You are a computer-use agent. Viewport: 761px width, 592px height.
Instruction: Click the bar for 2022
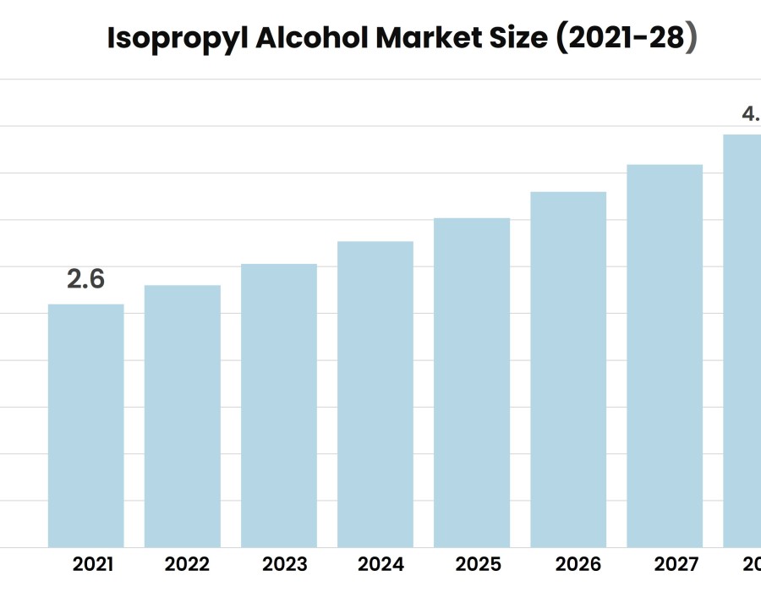[x=183, y=416]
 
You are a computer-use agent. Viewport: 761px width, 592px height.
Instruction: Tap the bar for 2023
[x=279, y=405]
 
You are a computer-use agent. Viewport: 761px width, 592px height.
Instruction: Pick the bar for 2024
[x=375, y=394]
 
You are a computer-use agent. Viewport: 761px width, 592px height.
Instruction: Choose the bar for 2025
[x=472, y=382]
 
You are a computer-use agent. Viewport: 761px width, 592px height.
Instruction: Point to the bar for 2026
[x=568, y=370]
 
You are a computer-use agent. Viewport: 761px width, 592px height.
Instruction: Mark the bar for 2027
[x=665, y=356]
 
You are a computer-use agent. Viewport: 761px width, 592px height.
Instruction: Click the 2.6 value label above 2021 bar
[x=86, y=279]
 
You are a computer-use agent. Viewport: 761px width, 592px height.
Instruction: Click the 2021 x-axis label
[x=92, y=564]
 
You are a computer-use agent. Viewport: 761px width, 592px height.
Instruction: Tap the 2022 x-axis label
[x=188, y=564]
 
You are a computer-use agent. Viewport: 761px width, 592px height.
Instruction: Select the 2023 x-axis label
[x=284, y=564]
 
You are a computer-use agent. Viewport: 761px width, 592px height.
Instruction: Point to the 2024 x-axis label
[x=380, y=564]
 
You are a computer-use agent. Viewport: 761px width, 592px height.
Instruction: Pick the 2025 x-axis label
[x=478, y=564]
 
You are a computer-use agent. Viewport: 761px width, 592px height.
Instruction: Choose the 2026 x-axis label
[x=574, y=564]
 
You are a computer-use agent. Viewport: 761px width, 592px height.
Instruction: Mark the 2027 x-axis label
[x=671, y=564]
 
